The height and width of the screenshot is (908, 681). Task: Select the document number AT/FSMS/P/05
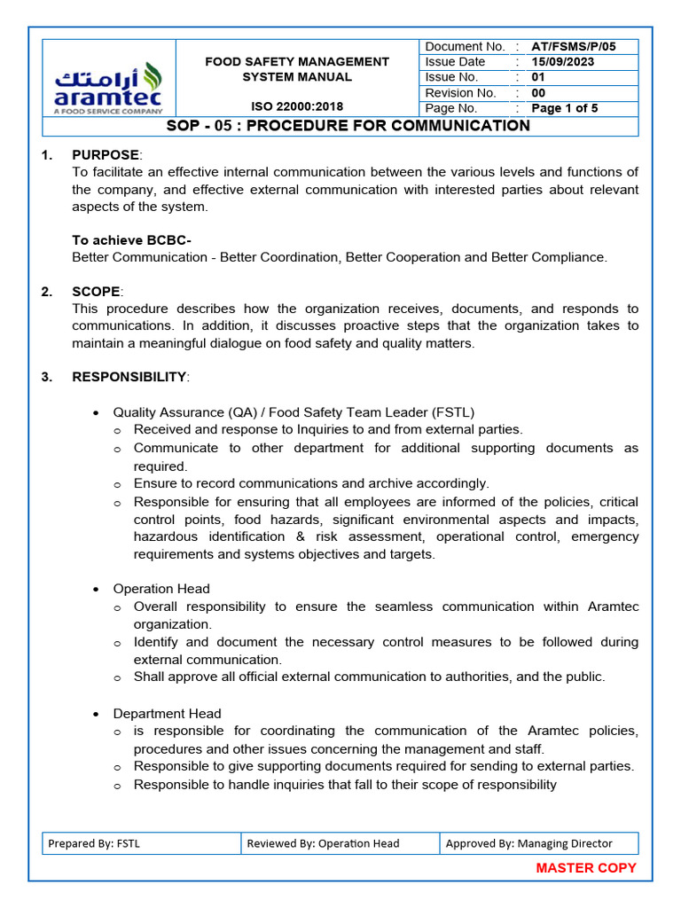click(x=573, y=46)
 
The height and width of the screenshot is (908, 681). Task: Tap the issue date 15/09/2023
click(x=562, y=62)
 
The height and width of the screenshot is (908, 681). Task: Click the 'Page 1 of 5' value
click(x=564, y=108)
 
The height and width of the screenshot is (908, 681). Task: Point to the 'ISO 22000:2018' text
click(x=297, y=107)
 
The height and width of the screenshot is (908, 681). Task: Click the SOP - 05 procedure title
click(x=348, y=126)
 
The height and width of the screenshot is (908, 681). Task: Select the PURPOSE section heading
click(x=106, y=155)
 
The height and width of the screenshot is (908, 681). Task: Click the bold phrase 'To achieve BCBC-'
click(x=131, y=240)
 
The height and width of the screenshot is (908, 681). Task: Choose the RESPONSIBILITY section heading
click(x=129, y=377)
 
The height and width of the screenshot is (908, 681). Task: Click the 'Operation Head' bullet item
click(x=161, y=589)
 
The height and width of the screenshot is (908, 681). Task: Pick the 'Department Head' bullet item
click(x=167, y=713)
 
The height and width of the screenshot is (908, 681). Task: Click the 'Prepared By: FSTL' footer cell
click(x=93, y=843)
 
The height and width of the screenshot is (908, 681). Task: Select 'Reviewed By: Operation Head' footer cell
click(x=323, y=843)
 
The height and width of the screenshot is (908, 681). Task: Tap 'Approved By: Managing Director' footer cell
click(x=528, y=843)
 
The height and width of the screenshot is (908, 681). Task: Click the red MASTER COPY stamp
click(x=586, y=868)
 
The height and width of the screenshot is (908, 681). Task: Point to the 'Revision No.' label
click(x=460, y=93)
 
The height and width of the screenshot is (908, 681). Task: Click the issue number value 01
click(x=538, y=77)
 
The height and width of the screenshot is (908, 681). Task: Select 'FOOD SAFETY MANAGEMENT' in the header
click(x=297, y=62)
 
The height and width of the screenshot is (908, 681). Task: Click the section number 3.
click(x=46, y=377)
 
